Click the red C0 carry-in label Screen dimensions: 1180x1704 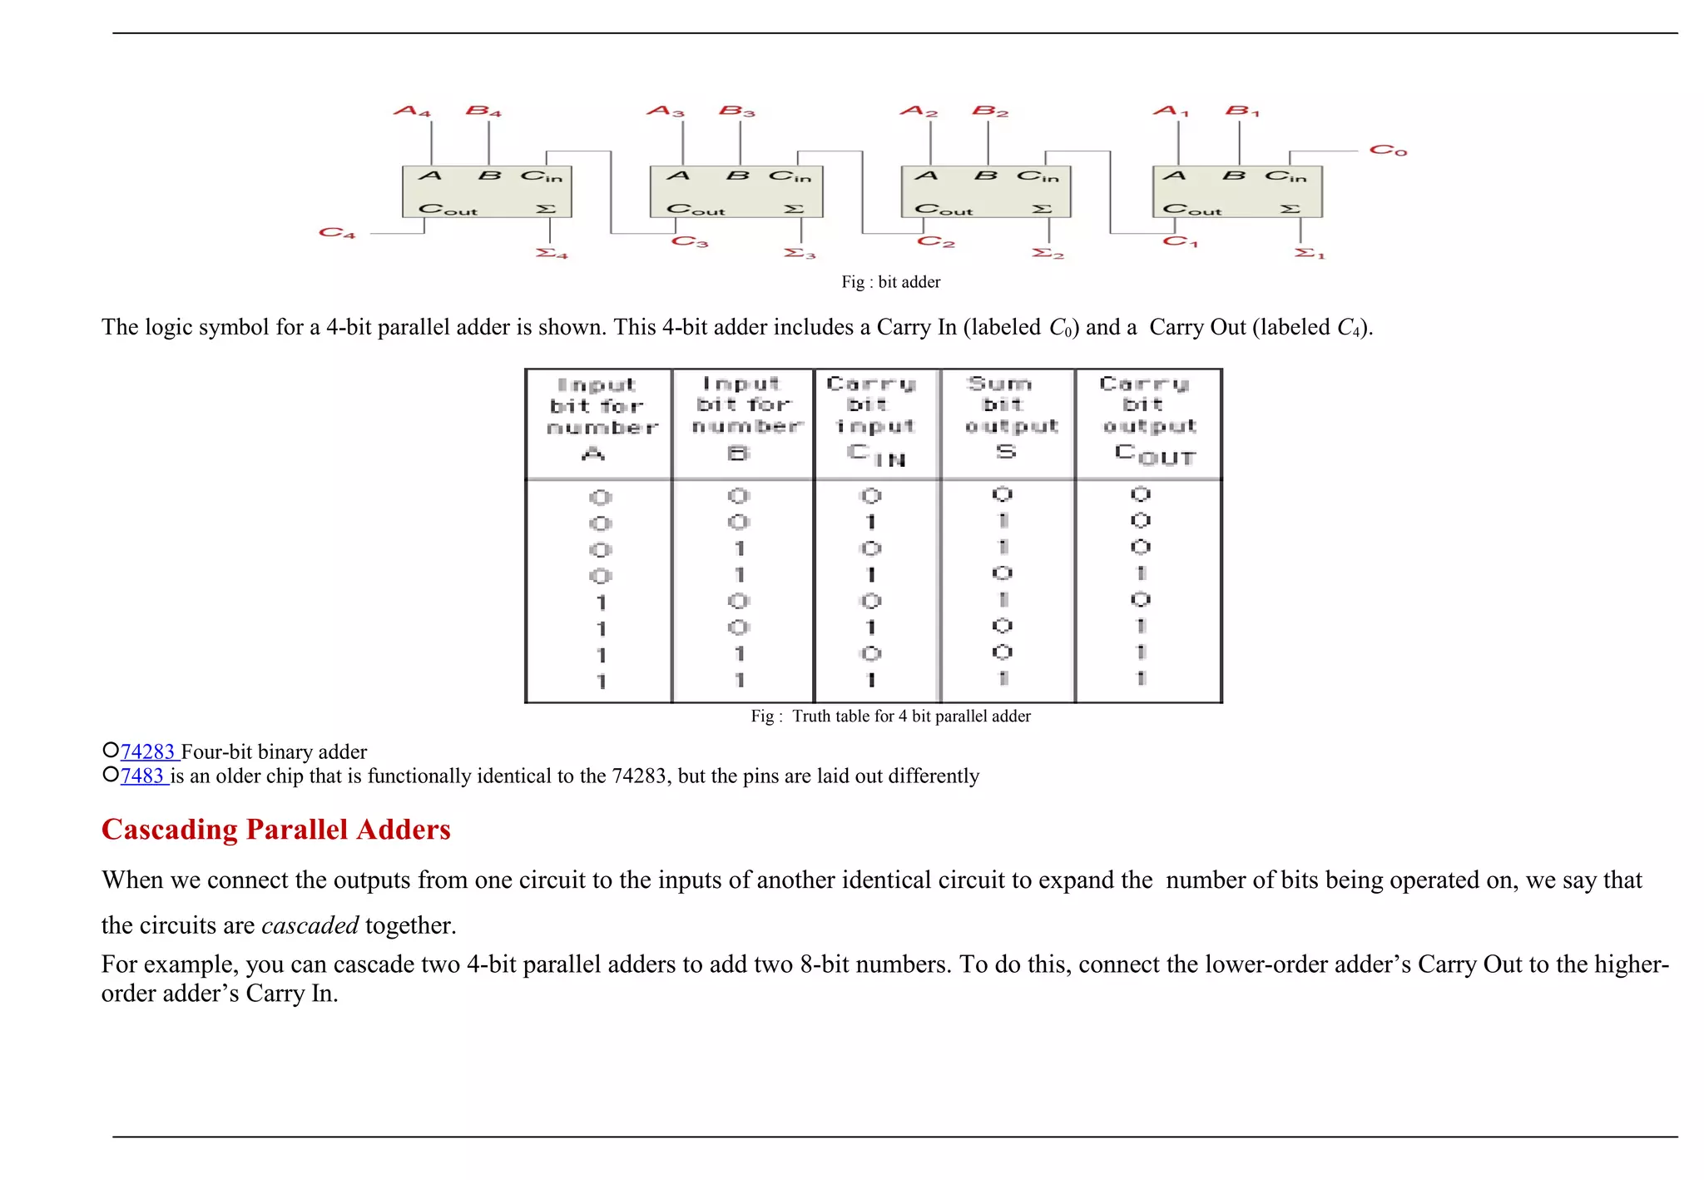(x=1388, y=151)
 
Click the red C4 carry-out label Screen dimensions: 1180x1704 (x=337, y=233)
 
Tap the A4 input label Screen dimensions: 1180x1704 (x=412, y=112)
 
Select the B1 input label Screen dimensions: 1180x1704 (x=1242, y=111)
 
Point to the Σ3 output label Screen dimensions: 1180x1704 (x=800, y=253)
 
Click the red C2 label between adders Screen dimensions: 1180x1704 (x=935, y=242)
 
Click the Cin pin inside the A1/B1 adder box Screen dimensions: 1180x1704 (x=1285, y=176)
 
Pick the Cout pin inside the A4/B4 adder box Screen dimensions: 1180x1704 (x=448, y=210)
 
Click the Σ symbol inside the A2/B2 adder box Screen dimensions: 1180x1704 (x=1042, y=209)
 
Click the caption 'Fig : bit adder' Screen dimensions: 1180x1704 (x=890, y=282)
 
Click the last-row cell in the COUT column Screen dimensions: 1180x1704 (x=1141, y=679)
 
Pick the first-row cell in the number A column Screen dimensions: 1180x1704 (x=600, y=498)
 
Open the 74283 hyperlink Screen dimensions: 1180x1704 (x=148, y=752)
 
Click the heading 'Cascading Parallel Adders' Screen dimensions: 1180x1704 (x=275, y=830)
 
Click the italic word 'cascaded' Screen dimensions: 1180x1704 (x=310, y=925)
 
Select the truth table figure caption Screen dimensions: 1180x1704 (x=890, y=716)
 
